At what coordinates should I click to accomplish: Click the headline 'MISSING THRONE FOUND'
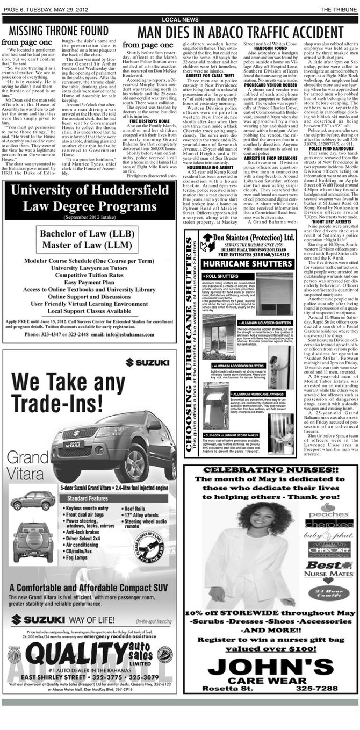pos(59,31)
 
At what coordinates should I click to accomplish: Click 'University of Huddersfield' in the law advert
pos(89,190)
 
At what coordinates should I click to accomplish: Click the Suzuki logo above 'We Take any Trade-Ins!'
pos(147,362)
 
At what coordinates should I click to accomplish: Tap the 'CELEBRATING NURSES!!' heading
pos(271,469)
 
